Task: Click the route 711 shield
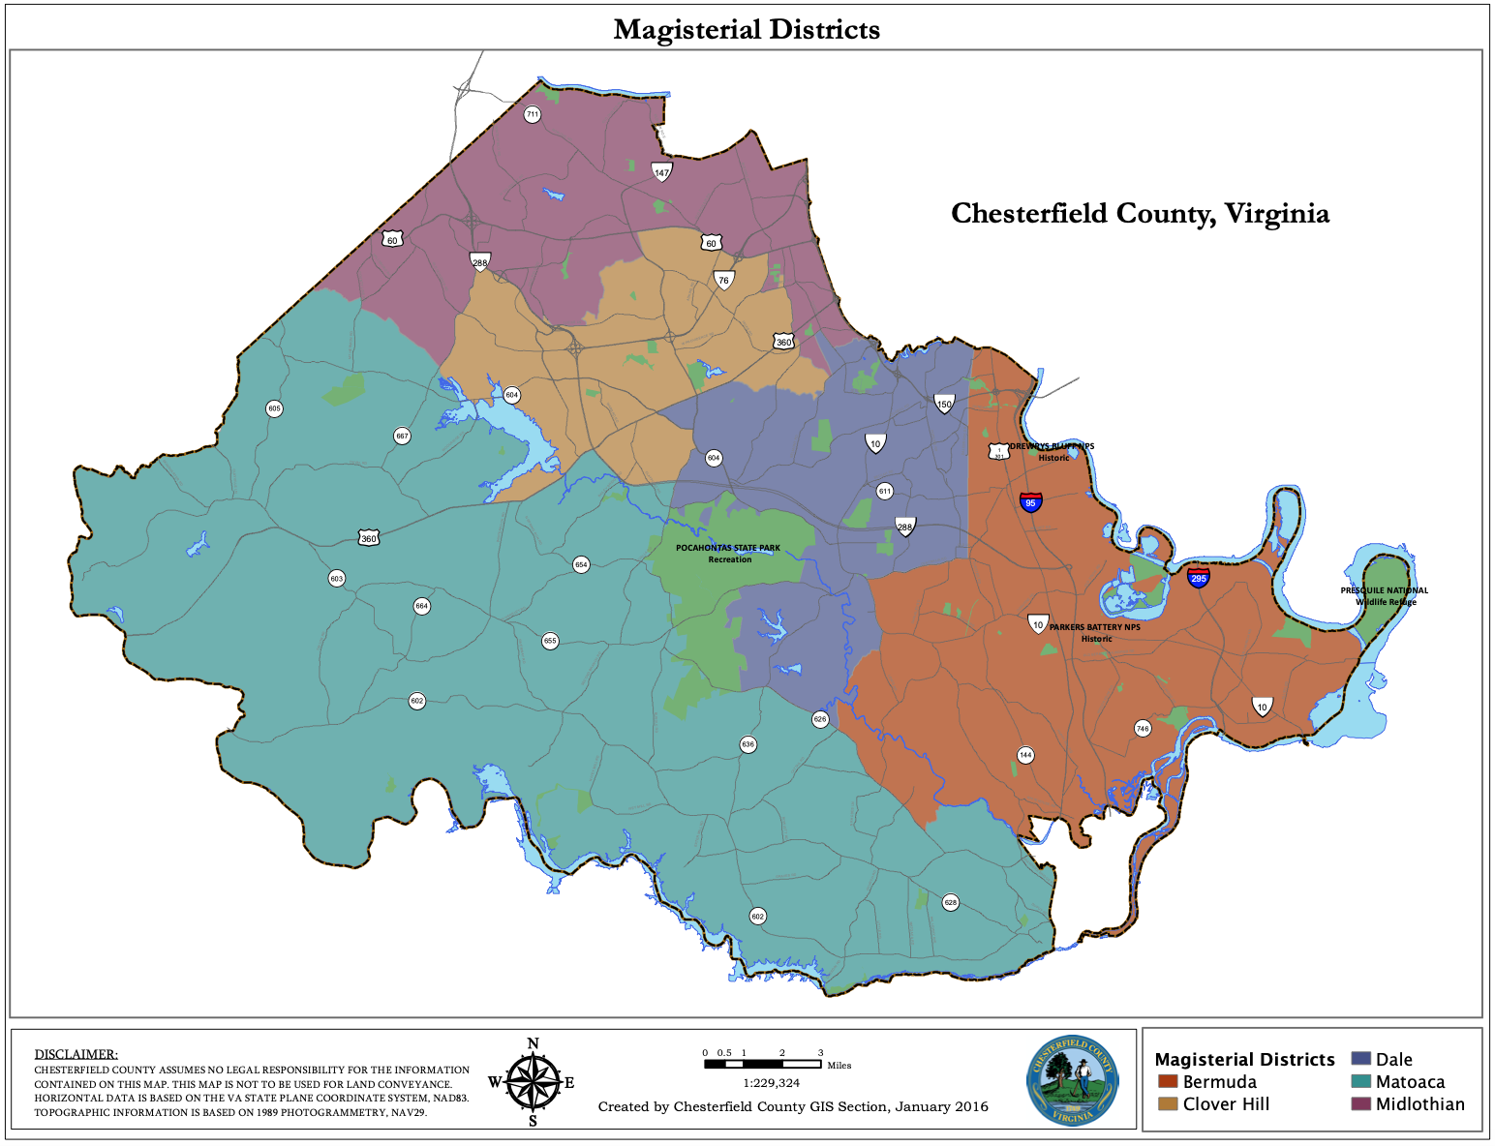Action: point(532,114)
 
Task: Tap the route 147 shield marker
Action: point(661,172)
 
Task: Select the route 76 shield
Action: point(723,280)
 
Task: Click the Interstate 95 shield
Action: point(1030,502)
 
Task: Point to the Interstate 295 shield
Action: point(1199,578)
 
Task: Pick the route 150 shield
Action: point(944,404)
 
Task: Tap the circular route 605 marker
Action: point(274,408)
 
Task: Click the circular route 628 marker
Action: point(951,902)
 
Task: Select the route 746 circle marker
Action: point(1143,728)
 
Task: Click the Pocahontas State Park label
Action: point(728,554)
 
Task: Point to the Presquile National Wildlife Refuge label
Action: point(1384,596)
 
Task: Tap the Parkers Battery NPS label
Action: point(1095,632)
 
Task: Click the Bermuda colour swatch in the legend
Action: point(1167,1081)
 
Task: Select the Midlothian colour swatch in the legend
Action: point(1360,1103)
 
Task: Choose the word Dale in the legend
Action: point(1393,1060)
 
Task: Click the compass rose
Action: point(533,1082)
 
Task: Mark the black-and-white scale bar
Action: point(763,1064)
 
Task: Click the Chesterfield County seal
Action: point(1073,1081)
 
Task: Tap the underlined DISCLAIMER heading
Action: point(76,1054)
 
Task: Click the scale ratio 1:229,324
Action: point(771,1083)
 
